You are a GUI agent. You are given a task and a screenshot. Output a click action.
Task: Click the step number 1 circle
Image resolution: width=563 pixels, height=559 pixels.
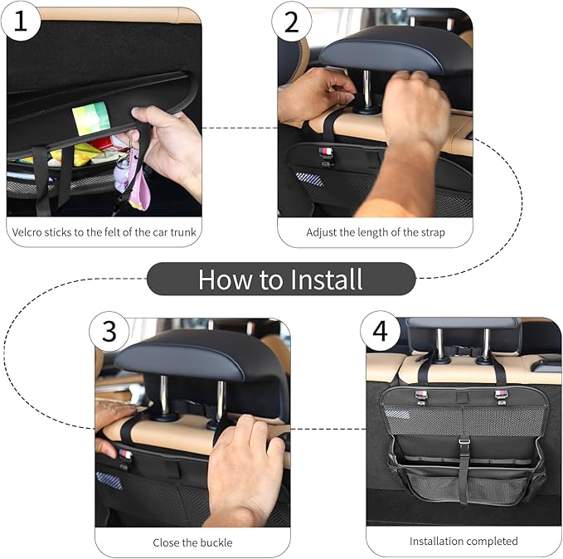point(20,21)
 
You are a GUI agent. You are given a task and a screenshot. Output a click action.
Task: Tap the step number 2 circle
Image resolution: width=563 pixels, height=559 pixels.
point(291,22)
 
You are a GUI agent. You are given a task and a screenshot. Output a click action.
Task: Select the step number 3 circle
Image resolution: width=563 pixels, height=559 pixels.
point(109,331)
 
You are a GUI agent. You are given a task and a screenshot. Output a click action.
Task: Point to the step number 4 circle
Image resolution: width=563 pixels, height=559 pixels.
point(380,331)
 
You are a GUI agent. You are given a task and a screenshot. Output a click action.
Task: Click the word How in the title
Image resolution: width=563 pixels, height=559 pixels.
point(226,279)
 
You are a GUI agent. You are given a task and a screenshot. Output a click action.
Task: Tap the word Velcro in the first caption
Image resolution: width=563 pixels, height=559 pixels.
point(24,232)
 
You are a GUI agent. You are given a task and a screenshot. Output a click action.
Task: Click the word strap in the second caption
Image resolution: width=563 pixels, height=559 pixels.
point(433,233)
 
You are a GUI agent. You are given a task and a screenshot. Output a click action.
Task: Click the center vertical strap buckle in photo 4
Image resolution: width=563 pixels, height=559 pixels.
point(464,440)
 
